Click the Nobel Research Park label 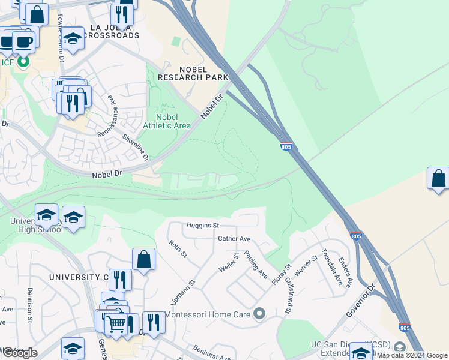193,73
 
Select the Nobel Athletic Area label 167,121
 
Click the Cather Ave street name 234,238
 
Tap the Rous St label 178,248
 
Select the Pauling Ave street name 256,265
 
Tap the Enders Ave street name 345,272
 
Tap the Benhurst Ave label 212,353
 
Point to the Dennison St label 30,305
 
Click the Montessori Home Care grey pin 259,313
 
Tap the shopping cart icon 116,323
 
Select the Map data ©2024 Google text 412,355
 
